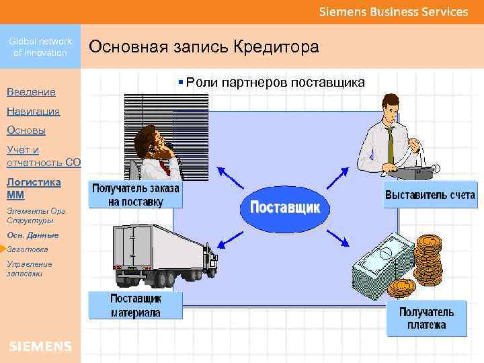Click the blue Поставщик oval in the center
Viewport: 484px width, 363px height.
click(285, 207)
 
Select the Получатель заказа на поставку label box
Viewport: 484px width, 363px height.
click(135, 196)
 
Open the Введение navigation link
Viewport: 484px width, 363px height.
click(31, 91)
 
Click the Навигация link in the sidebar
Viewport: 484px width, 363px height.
click(34, 111)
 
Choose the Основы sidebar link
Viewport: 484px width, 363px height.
click(26, 130)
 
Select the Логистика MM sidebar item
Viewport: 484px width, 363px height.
click(34, 188)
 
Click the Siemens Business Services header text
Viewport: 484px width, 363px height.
click(393, 11)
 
